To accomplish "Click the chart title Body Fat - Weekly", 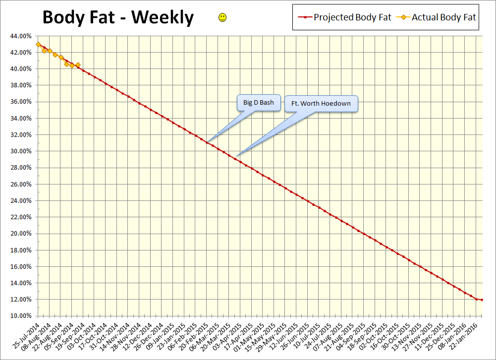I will (x=118, y=17).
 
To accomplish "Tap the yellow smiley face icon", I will (x=222, y=18).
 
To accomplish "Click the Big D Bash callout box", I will (x=258, y=103).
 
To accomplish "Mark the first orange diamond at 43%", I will (x=38, y=45).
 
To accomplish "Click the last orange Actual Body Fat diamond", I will (x=78, y=64).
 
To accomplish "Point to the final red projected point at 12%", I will (x=482, y=300).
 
